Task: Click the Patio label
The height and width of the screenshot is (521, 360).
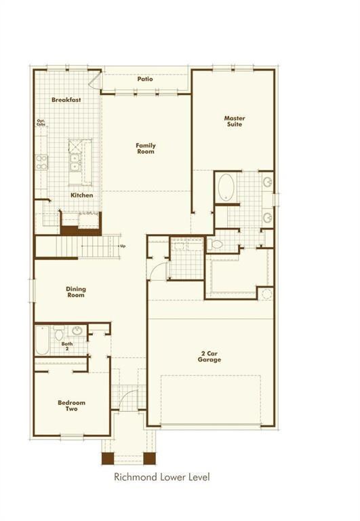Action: coord(145,79)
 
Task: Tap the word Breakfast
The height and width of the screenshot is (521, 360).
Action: coord(66,100)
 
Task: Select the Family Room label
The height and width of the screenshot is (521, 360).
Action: coord(145,148)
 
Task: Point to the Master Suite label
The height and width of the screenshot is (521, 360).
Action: coord(235,121)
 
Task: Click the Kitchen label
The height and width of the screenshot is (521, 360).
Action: coord(82,195)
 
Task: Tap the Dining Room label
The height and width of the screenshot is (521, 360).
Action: coord(76,292)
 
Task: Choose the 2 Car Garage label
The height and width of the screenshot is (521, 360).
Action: coord(210,356)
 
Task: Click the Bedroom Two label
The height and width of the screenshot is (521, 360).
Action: coord(71,406)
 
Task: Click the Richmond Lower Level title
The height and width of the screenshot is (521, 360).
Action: coord(161,478)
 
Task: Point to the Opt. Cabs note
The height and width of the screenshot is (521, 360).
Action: coord(41,123)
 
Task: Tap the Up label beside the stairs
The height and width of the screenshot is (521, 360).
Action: coord(123,246)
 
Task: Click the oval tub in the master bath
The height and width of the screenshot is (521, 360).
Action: coord(226,187)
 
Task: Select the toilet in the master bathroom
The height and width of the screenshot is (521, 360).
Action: coord(216,244)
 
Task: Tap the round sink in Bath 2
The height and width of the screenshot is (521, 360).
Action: coord(77,331)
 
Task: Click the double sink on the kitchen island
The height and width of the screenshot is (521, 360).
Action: coord(75,163)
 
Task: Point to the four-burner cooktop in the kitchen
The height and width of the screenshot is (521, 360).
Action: coord(42,161)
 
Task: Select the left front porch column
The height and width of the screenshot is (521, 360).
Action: coord(108,458)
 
